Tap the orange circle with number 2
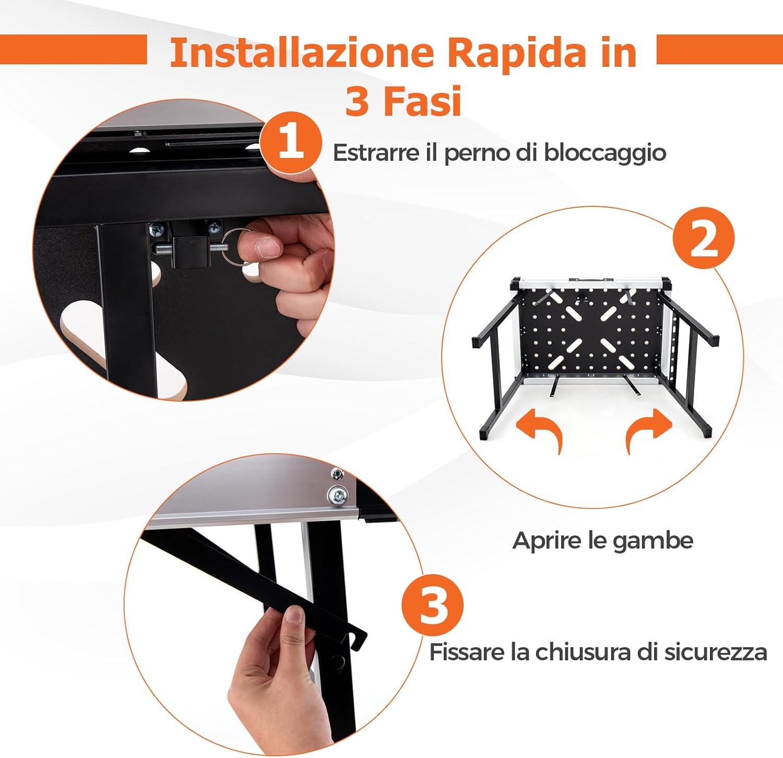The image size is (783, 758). click(703, 238)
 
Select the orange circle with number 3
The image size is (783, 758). click(433, 605)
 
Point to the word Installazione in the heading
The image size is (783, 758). click(302, 52)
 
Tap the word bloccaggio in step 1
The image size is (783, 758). click(605, 153)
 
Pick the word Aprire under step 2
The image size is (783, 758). click(547, 540)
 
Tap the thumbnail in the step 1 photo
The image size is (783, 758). click(266, 246)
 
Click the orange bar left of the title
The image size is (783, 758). click(73, 50)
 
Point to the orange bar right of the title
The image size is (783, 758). click(719, 50)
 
